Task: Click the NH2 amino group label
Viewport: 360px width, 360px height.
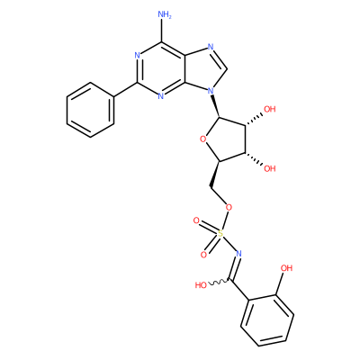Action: tap(164, 15)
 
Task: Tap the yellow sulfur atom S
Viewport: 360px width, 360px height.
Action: tap(220, 233)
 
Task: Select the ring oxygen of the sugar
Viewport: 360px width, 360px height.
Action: tap(203, 139)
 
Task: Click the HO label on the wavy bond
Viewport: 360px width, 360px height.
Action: tap(201, 285)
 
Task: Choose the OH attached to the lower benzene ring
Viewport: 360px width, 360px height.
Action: tap(285, 267)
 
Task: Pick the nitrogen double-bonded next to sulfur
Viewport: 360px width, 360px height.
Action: tap(238, 254)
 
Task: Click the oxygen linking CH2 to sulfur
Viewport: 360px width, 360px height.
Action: tap(229, 207)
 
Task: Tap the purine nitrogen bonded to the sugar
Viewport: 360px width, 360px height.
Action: tap(211, 90)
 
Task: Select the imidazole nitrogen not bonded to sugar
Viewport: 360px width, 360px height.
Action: tap(211, 48)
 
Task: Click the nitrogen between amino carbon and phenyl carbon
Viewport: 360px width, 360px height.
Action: tap(137, 55)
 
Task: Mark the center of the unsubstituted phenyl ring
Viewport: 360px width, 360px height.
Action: tap(91, 110)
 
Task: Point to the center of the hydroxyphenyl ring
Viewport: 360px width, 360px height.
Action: tap(267, 320)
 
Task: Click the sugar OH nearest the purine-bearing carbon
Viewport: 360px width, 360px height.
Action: tap(269, 109)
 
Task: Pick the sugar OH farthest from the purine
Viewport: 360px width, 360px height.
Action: tap(269, 168)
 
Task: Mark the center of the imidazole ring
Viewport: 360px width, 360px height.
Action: tap(205, 70)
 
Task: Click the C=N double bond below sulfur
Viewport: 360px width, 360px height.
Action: tap(235, 267)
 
